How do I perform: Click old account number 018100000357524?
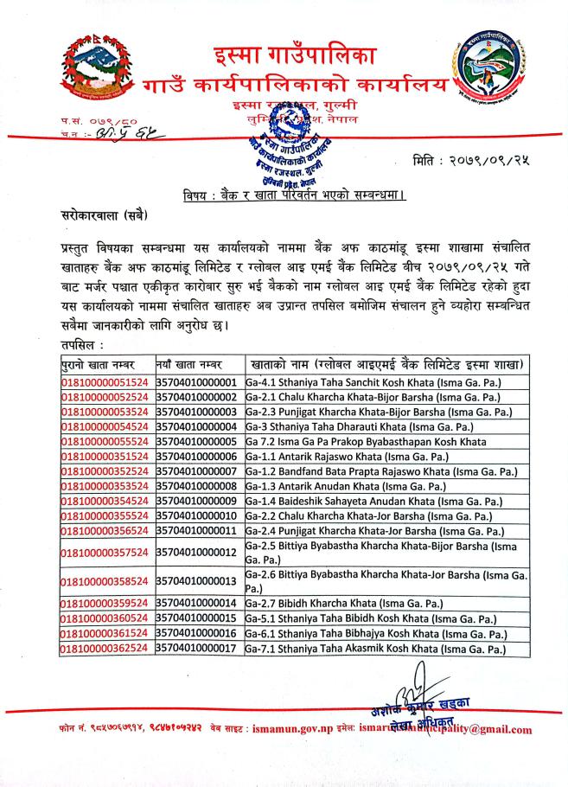(x=105, y=552)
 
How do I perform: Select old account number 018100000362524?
(x=105, y=649)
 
